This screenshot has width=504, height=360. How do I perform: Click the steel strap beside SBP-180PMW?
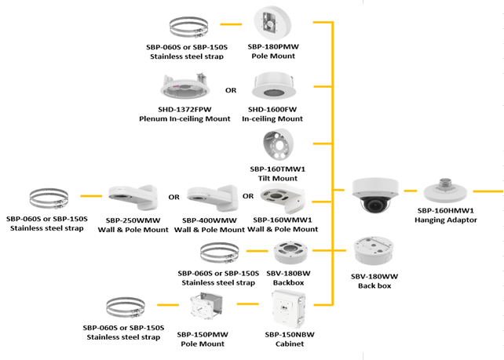coord(184,27)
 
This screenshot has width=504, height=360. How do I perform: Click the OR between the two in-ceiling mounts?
coord(231,90)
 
